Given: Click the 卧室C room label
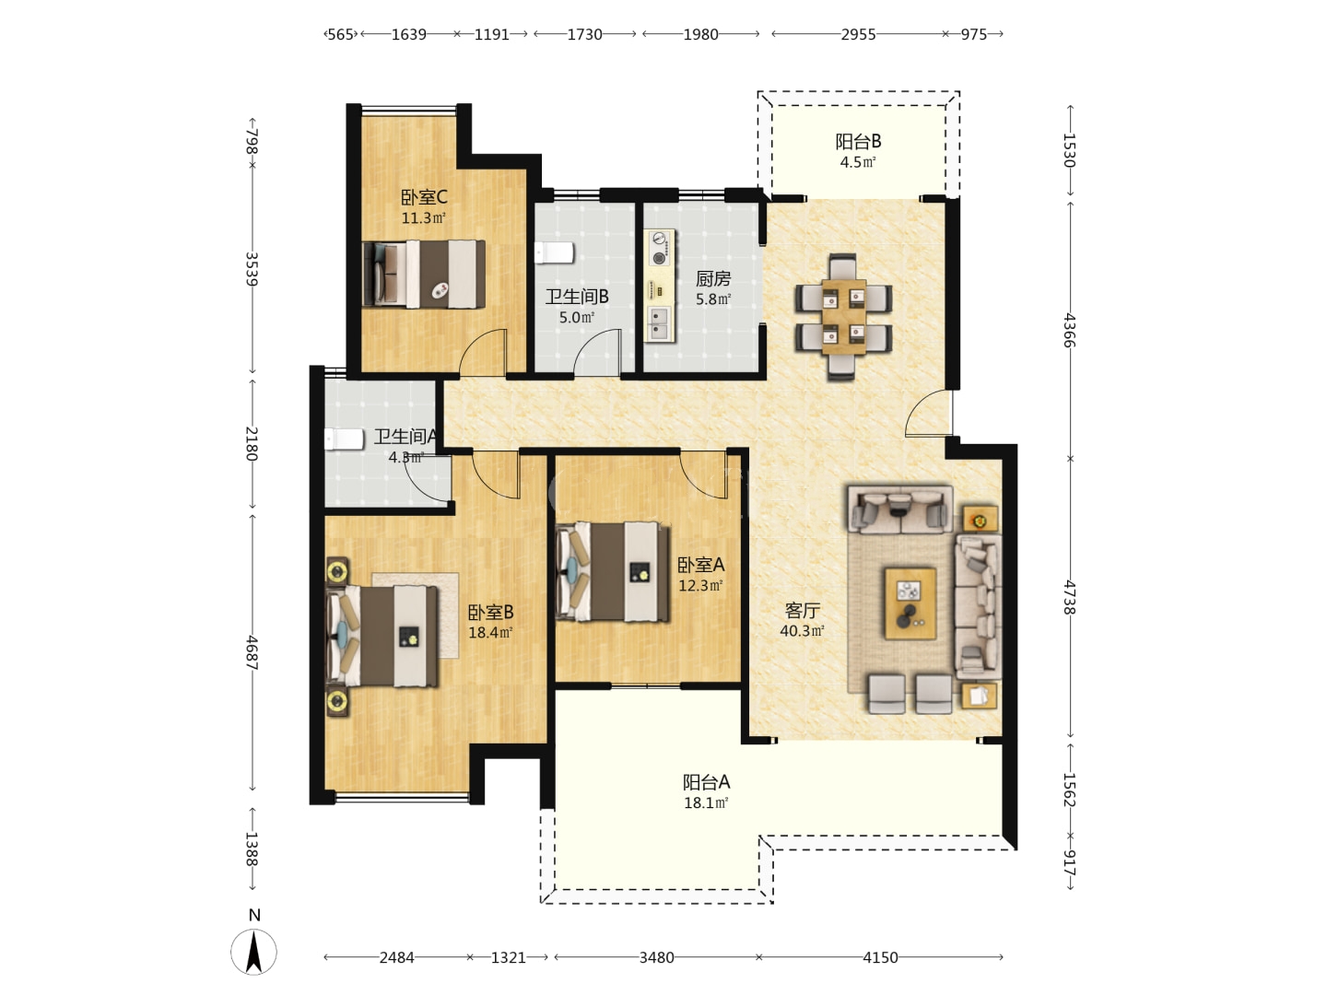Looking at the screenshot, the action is click(x=424, y=197).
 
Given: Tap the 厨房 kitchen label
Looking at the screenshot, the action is click(x=712, y=278).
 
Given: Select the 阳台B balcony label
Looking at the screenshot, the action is click(x=858, y=141).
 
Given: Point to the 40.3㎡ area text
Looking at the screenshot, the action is click(x=802, y=631).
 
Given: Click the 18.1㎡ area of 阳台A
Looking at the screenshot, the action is click(x=706, y=802).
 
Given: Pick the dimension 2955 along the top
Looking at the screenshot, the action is click(x=858, y=34).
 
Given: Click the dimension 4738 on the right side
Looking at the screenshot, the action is click(x=1070, y=598).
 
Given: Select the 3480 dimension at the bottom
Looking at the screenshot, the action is click(x=656, y=957).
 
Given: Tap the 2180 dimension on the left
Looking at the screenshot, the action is click(x=252, y=443).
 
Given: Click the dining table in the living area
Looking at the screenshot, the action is click(x=843, y=317).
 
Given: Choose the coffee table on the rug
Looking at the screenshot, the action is click(x=910, y=603).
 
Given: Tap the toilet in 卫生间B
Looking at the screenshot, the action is click(x=554, y=252).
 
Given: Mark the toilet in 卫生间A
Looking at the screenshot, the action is click(x=344, y=439).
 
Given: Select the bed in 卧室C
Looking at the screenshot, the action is click(x=423, y=274).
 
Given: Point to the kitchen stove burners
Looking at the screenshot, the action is click(x=659, y=248).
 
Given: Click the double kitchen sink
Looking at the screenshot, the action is click(x=659, y=324).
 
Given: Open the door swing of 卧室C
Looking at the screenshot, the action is click(x=483, y=352).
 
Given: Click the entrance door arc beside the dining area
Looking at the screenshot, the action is click(x=928, y=413).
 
